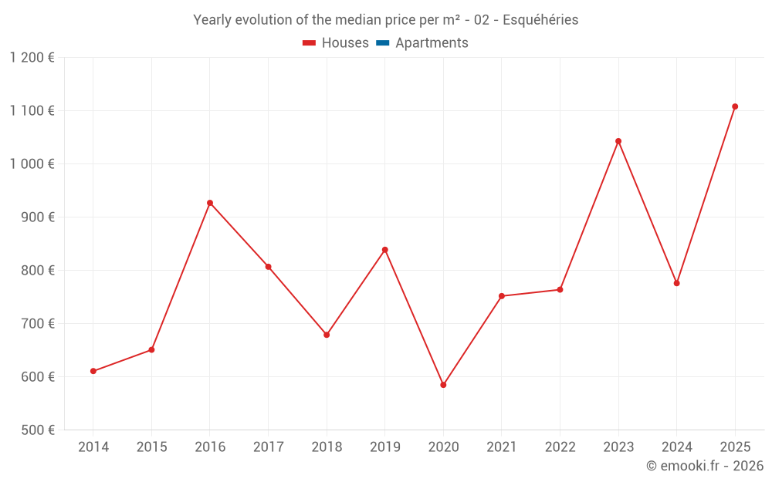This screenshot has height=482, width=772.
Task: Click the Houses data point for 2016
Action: [210, 203]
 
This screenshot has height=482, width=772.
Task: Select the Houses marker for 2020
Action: [443, 385]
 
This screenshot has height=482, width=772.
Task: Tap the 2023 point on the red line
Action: [618, 141]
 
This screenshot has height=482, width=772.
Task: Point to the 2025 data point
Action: [735, 106]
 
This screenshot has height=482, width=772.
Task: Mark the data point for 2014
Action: [93, 371]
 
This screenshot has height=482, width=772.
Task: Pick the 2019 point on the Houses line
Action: [384, 250]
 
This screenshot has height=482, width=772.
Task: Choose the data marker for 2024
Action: [677, 283]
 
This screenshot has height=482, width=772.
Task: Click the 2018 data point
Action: [327, 335]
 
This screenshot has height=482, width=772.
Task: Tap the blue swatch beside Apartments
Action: [382, 43]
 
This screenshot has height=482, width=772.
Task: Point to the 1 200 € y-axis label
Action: [32, 58]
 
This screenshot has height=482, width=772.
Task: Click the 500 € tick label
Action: [36, 430]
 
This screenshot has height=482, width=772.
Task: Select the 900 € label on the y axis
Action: [36, 217]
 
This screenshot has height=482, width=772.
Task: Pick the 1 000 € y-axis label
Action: [32, 164]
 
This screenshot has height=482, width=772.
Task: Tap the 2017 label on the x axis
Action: [268, 447]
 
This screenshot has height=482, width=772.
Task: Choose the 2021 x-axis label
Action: [502, 447]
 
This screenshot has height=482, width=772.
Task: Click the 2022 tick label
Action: [560, 447]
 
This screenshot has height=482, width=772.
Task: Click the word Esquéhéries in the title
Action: [540, 20]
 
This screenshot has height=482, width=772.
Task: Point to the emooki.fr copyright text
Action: [705, 466]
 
